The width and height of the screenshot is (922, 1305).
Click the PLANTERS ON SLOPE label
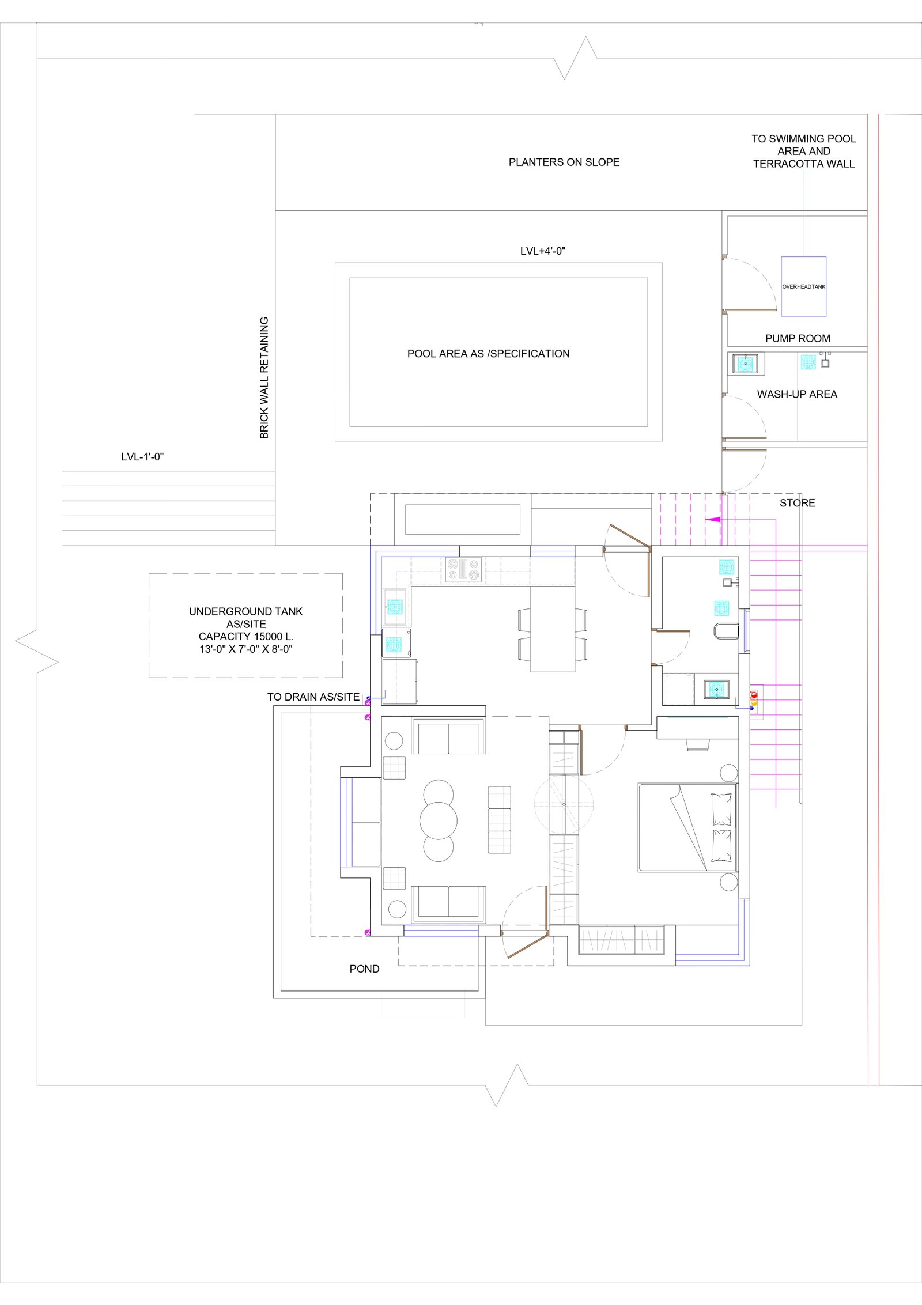[564, 162]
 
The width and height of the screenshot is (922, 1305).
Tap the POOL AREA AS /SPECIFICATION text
[488, 354]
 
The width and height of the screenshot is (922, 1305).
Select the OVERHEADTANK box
[803, 286]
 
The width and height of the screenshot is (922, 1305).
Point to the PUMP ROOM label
[798, 339]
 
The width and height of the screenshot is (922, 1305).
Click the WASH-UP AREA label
[797, 395]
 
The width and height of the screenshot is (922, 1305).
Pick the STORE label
[797, 503]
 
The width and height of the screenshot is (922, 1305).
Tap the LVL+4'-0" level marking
[543, 251]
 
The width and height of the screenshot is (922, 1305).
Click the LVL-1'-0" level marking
[142, 457]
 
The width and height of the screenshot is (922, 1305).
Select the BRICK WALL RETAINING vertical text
[264, 378]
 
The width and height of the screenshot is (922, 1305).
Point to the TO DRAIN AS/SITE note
[313, 697]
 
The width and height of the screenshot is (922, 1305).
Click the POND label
[364, 969]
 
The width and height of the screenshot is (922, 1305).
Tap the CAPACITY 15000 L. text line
[246, 637]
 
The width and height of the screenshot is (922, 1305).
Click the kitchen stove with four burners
[463, 570]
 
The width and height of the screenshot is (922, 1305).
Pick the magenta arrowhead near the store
[713, 519]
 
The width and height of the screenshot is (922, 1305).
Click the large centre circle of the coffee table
[439, 820]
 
